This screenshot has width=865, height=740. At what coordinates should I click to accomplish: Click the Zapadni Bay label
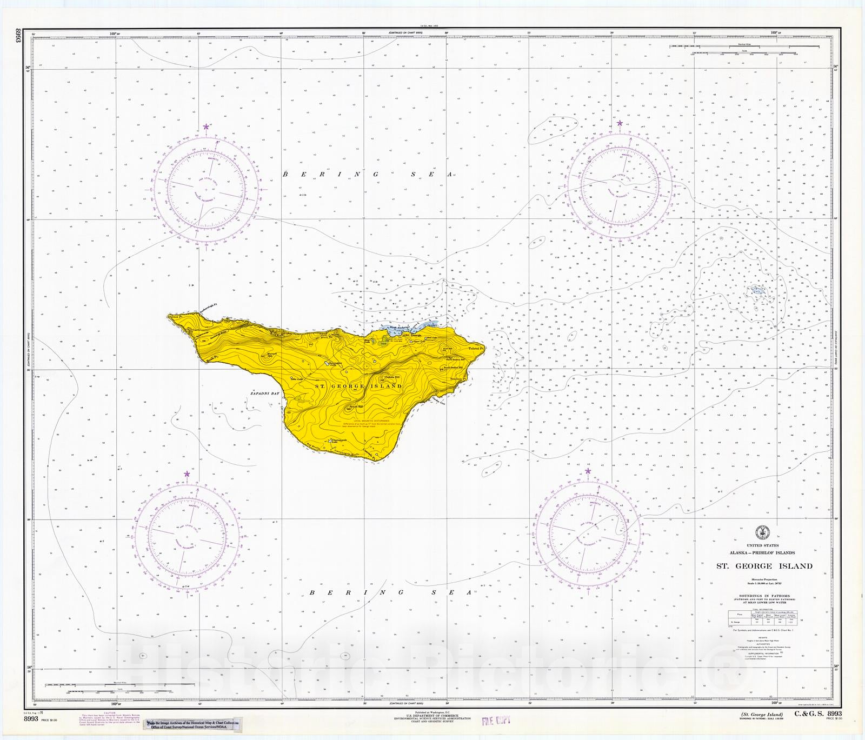pos(265,394)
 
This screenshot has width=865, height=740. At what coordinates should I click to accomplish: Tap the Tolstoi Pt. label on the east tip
pos(476,349)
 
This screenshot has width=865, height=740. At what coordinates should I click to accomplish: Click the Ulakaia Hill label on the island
pos(392,377)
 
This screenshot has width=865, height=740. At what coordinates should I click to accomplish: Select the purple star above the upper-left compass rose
pos(205,127)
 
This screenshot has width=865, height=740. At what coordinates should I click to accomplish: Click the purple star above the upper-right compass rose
pos(620,123)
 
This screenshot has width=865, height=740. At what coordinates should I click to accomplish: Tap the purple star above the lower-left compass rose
pos(187,474)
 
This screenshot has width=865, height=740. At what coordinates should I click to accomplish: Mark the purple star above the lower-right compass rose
pos(588,471)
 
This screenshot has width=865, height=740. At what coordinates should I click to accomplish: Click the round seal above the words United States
pos(763,532)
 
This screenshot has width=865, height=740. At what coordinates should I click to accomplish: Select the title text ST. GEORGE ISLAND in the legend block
pos(764,566)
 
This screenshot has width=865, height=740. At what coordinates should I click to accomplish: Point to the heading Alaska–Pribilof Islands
pos(762,553)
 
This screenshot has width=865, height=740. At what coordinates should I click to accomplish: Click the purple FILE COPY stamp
pos(496,721)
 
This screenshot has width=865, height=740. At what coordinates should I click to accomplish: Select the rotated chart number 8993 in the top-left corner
pos(18,37)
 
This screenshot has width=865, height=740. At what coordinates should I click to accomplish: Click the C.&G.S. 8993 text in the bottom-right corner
pos(817,714)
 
